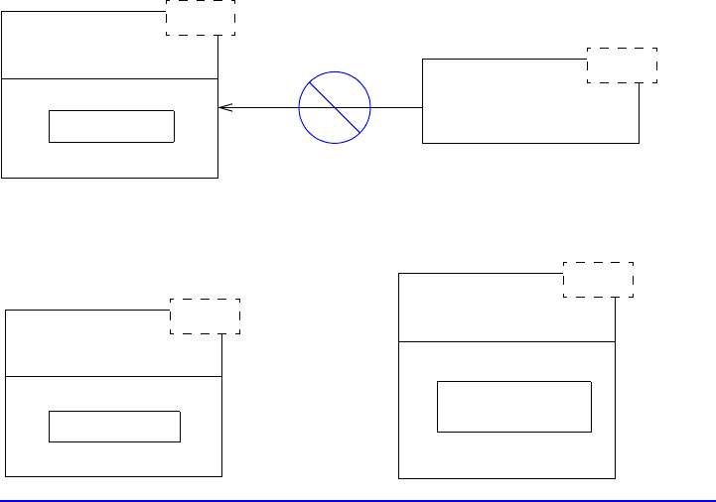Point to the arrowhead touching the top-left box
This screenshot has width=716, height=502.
(x=222, y=107)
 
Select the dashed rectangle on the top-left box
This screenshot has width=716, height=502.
(x=200, y=18)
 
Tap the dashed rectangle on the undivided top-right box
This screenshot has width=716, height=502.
(x=622, y=64)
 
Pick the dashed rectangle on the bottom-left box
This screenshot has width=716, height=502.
(x=206, y=315)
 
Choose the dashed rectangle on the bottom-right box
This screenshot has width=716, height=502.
(x=598, y=279)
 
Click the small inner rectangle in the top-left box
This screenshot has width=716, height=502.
(x=111, y=126)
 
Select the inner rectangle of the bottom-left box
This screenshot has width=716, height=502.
(x=114, y=426)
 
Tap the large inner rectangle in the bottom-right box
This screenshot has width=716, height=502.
(x=514, y=406)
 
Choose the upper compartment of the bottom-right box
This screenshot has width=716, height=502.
(x=487, y=310)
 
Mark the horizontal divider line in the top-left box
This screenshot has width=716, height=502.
(x=109, y=77)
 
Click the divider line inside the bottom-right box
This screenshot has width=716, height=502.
(x=506, y=341)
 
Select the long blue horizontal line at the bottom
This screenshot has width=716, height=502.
(x=358, y=500)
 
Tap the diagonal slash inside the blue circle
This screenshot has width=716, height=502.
(x=335, y=107)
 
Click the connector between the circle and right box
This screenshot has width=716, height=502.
(x=396, y=107)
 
